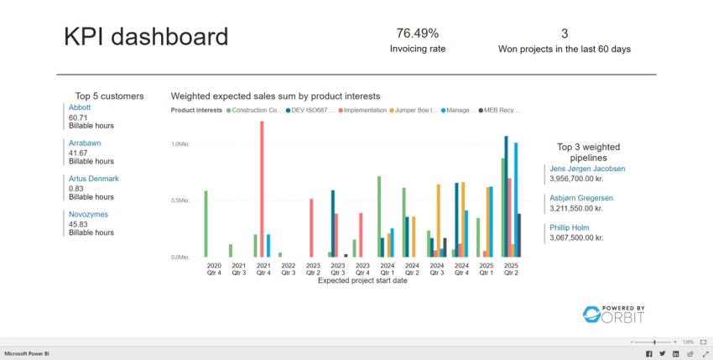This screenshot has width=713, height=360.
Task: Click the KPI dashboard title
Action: (x=146, y=37)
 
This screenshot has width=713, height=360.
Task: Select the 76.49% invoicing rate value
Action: (x=417, y=34)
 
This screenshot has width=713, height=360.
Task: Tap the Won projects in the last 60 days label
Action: (x=564, y=49)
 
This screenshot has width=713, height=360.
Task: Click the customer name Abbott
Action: (x=80, y=107)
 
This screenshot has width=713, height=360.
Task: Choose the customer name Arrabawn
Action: (x=84, y=143)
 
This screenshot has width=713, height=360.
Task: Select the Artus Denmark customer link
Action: (x=93, y=179)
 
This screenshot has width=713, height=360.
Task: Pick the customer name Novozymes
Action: (x=88, y=214)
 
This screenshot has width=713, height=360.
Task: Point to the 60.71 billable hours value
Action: (x=78, y=118)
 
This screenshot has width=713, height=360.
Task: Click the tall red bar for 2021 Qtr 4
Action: (x=262, y=189)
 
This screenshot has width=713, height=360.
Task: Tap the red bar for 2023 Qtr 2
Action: (x=311, y=227)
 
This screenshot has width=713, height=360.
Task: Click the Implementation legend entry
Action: (x=362, y=110)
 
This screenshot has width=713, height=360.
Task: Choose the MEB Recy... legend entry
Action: (x=502, y=110)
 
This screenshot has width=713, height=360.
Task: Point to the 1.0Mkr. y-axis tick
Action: (x=181, y=144)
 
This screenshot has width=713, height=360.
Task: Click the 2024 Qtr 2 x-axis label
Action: (x=411, y=269)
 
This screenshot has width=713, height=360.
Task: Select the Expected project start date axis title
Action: (x=362, y=281)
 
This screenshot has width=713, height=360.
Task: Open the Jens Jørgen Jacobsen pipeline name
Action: (x=586, y=169)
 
